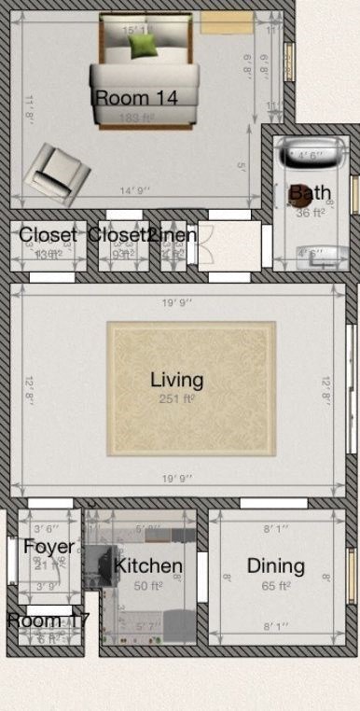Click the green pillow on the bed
(142, 44)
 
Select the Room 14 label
(136, 96)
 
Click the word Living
(176, 380)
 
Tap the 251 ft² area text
(177, 398)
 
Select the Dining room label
(275, 565)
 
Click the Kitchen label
(147, 566)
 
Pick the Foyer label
(48, 547)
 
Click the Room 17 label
(48, 620)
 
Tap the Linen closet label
(173, 234)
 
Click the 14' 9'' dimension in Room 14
(132, 191)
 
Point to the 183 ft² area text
(136, 118)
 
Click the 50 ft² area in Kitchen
(147, 586)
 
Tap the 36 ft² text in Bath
(309, 213)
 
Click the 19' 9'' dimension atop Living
(177, 302)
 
